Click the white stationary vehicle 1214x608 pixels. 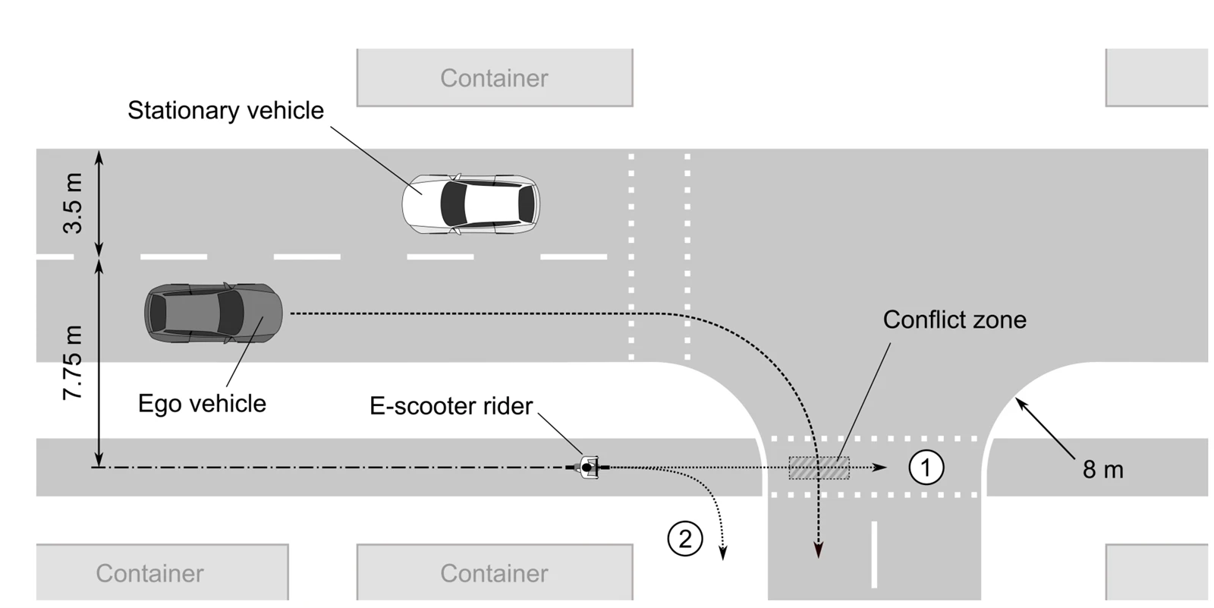point(470,204)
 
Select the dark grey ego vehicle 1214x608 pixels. point(213,313)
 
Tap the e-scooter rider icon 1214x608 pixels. point(587,468)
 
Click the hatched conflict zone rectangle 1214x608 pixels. point(819,468)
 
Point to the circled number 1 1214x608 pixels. point(926,468)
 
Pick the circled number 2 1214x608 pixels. point(685,539)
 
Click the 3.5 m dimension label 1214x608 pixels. point(73,203)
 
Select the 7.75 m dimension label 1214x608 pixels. point(73,362)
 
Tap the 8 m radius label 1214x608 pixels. point(1103,470)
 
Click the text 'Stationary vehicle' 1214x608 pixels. point(225,111)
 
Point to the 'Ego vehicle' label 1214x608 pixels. point(202,404)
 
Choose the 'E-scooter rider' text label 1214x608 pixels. point(451,405)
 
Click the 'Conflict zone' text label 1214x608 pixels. point(955,320)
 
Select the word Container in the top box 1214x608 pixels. point(494,78)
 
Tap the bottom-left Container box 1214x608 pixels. point(162,572)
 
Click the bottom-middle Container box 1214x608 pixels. point(495,572)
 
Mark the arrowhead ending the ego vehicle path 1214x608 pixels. point(819,550)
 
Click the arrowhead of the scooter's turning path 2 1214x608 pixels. point(723,552)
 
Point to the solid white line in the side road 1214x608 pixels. point(874,554)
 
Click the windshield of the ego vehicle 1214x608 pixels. point(231,313)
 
